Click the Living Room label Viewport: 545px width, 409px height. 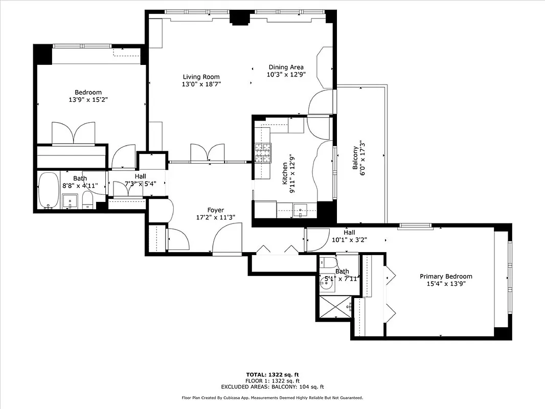click(201, 77)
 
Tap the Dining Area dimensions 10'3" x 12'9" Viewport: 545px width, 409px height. click(286, 74)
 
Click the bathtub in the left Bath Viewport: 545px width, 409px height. click(49, 190)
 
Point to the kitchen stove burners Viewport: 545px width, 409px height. click(263, 152)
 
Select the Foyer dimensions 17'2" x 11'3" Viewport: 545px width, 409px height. click(215, 217)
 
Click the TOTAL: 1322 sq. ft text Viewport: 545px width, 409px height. click(272, 375)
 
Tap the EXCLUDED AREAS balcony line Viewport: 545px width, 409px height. click(272, 387)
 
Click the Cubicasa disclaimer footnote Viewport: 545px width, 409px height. click(272, 397)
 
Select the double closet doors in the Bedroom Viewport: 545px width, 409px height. click(74, 133)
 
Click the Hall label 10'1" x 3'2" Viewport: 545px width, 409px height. click(350, 236)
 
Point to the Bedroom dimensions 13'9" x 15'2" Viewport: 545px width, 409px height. click(88, 100)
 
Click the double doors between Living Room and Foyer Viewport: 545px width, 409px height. click(207, 153)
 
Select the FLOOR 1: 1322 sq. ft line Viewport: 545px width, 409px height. click(272, 381)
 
